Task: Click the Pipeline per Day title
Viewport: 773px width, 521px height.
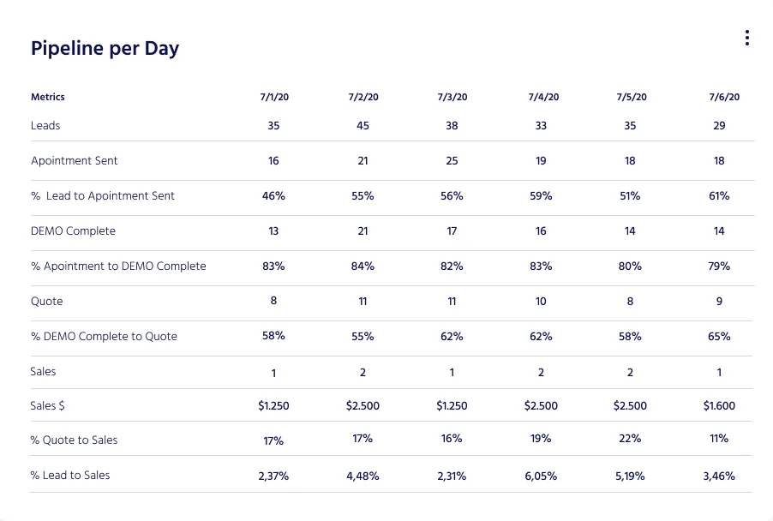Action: (x=105, y=48)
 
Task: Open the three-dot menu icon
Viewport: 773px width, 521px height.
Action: (x=747, y=38)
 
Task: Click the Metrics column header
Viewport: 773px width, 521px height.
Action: (x=48, y=97)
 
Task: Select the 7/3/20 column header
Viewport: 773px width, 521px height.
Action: (x=452, y=97)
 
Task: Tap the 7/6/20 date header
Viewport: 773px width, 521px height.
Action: (x=719, y=97)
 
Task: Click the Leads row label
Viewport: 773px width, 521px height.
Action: (x=45, y=125)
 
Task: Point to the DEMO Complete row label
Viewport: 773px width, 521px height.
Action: (x=73, y=231)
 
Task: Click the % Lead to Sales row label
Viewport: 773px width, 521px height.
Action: (x=70, y=475)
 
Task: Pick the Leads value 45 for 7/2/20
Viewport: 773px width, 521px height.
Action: (x=363, y=125)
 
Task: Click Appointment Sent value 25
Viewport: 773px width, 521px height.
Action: (x=452, y=160)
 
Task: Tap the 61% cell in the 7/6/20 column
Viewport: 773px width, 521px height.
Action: (x=719, y=196)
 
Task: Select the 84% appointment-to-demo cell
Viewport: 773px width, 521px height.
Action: (x=363, y=266)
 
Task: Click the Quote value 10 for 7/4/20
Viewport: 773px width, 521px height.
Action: (x=541, y=302)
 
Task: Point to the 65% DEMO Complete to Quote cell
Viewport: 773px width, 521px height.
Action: (x=719, y=337)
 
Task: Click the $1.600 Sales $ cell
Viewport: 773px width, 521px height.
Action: (x=719, y=406)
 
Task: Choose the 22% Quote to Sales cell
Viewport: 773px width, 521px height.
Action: (x=630, y=439)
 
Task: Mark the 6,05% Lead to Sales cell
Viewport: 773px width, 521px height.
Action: (x=541, y=476)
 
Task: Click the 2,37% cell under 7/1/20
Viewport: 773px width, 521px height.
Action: (x=273, y=476)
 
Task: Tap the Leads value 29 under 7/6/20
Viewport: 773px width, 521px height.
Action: (x=719, y=125)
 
